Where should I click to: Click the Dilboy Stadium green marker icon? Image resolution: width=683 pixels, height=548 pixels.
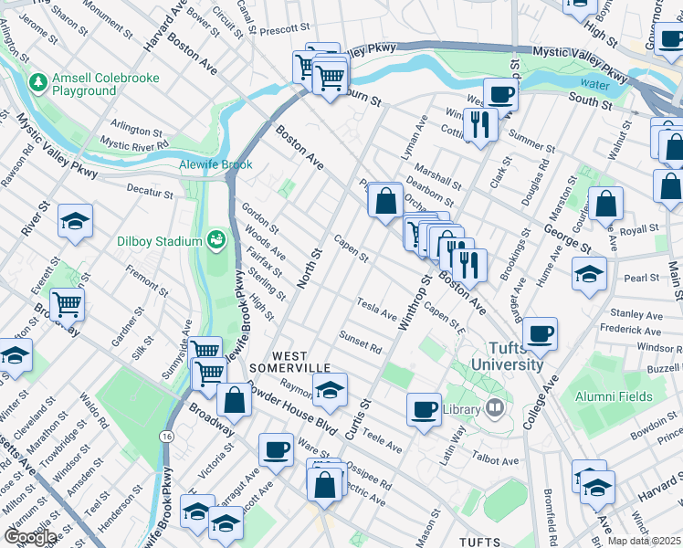(216, 240)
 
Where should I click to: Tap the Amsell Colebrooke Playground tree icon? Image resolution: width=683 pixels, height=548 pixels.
(38, 84)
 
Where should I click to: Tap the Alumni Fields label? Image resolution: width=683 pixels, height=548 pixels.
(614, 396)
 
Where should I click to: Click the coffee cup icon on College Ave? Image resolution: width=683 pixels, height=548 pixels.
(541, 334)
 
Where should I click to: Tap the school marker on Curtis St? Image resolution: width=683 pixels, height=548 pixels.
(330, 389)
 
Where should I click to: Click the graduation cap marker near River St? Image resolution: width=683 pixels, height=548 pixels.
(75, 221)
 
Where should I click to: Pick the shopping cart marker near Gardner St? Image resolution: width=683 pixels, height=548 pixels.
(67, 304)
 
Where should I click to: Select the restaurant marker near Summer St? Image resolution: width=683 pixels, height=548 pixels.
(478, 124)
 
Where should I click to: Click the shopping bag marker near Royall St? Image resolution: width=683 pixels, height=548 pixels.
(605, 204)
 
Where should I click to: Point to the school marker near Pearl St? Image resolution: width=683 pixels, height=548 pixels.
(589, 274)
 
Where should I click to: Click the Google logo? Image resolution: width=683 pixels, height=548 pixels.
(29, 536)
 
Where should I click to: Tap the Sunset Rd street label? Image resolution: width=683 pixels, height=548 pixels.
(360, 342)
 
